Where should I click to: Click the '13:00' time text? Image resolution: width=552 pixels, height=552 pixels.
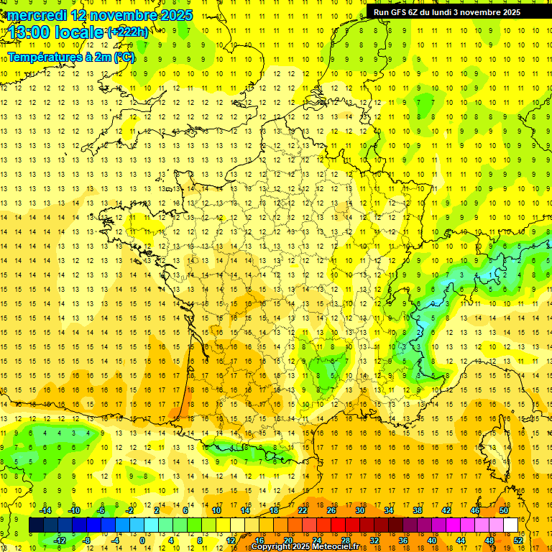click(30, 33)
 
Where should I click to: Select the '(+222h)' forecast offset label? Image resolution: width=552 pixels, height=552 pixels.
click(129, 32)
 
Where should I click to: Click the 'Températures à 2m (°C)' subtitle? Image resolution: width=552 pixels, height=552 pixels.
click(71, 57)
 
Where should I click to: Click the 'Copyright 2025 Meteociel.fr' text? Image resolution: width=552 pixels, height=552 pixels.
click(305, 547)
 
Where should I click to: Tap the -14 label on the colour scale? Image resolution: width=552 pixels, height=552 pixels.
click(46, 510)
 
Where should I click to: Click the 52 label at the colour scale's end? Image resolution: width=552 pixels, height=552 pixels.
click(519, 540)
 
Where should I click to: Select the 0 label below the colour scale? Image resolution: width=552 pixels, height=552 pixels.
click(142, 540)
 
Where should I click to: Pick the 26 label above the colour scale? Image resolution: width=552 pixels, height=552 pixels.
click(331, 510)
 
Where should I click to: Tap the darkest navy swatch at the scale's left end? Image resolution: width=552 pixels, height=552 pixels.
click(36, 525)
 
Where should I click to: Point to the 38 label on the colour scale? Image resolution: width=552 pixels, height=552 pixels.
click(418, 510)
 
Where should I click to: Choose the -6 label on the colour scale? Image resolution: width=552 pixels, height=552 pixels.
click(101, 510)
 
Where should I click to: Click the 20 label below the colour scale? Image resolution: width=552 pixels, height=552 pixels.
click(287, 540)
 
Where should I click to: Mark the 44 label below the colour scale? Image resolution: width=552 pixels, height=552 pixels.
click(461, 540)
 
